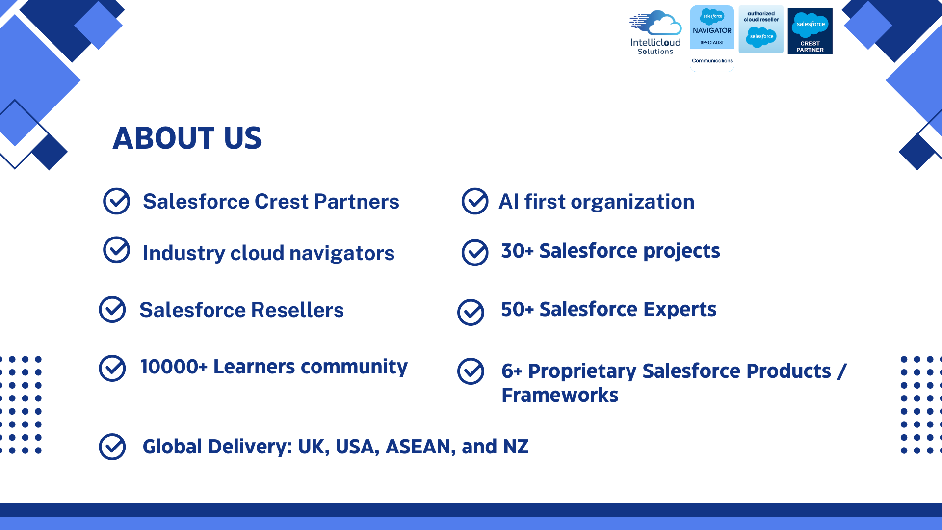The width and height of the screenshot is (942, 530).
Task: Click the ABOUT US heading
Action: tap(187, 138)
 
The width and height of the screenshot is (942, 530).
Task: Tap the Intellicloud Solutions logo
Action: tap(655, 32)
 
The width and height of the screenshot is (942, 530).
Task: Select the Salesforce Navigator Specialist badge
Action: tap(712, 38)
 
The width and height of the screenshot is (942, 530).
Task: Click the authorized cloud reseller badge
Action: tap(761, 29)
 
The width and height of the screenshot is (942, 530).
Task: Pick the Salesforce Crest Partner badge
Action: tap(810, 31)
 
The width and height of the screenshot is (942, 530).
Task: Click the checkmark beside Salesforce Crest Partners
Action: tap(116, 201)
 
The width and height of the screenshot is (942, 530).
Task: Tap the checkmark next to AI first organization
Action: tap(475, 201)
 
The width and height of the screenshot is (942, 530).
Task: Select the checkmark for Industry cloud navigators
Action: tap(116, 250)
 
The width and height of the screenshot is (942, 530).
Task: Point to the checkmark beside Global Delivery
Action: tap(112, 447)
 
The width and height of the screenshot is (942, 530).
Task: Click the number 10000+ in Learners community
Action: tap(174, 367)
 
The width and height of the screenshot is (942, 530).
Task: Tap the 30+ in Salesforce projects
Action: tap(517, 251)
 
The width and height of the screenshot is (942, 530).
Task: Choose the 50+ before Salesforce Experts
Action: tap(517, 309)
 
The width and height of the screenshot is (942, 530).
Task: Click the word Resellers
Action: tap(297, 310)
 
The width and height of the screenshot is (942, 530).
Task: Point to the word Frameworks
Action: tap(560, 395)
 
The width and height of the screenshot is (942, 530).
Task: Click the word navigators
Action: tap(342, 253)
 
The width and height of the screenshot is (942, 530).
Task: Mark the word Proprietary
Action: tap(582, 371)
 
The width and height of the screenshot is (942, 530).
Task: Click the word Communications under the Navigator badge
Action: tap(712, 61)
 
